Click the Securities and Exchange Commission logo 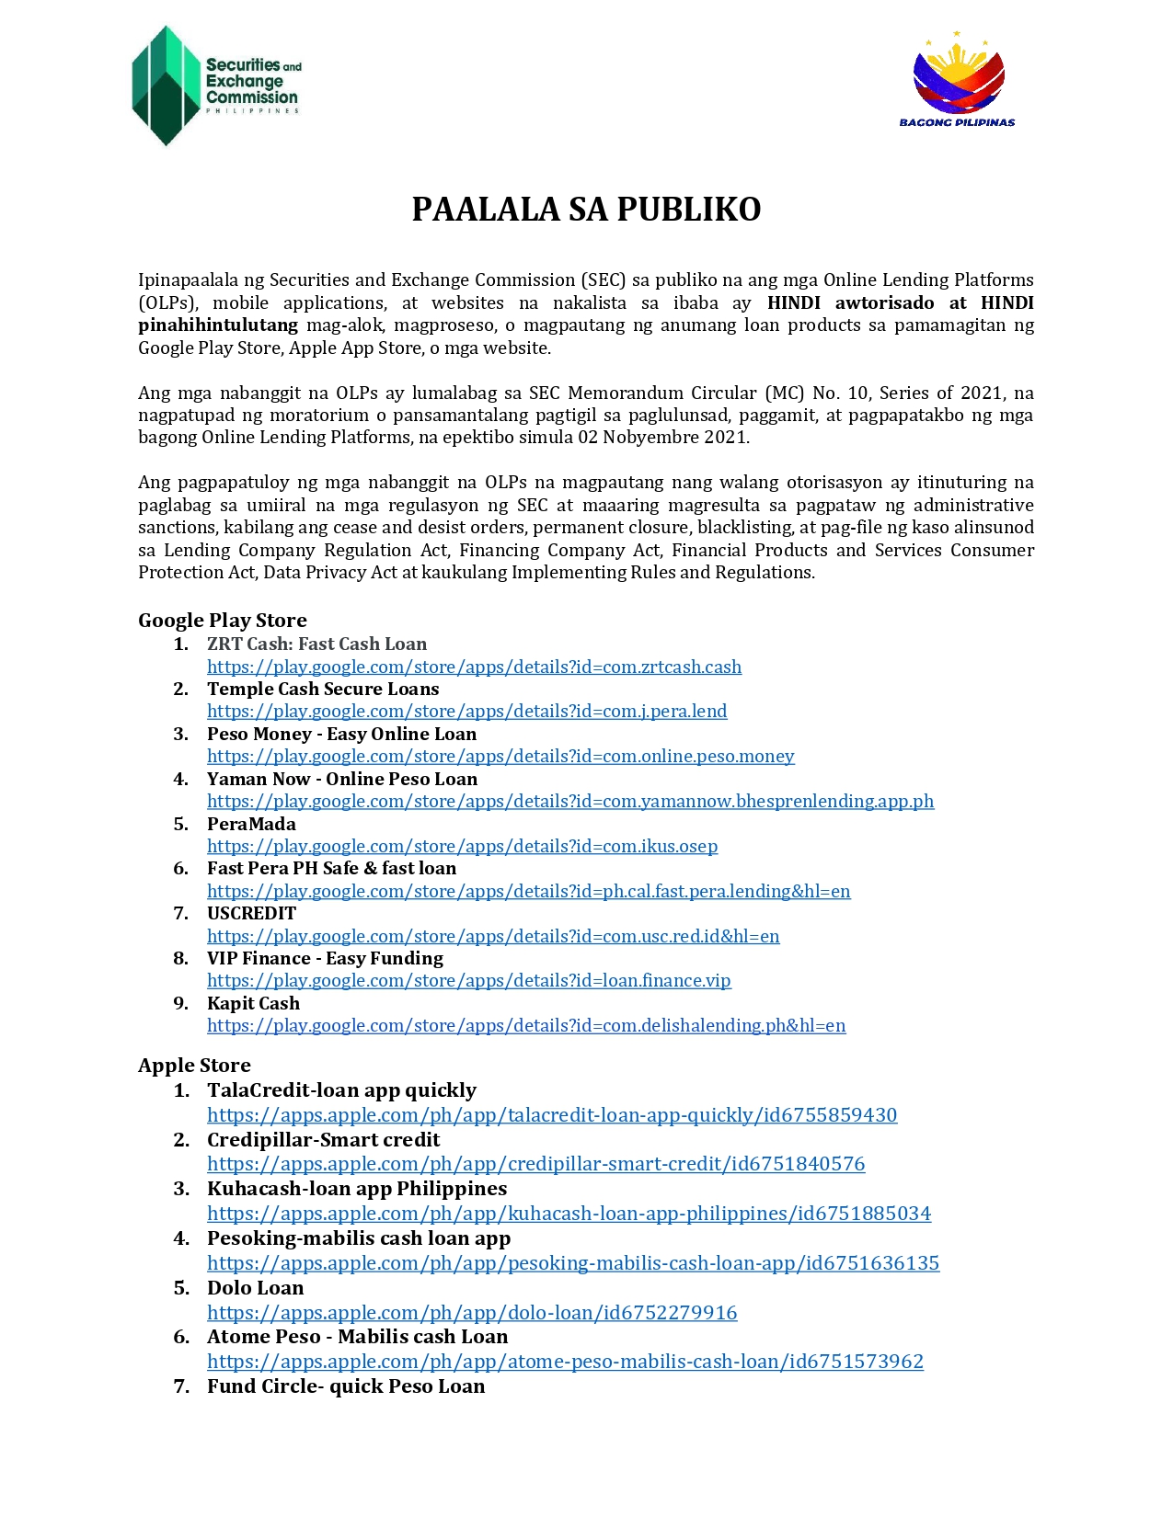click(216, 86)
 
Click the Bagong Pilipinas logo click(958, 80)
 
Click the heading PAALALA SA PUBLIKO click(586, 210)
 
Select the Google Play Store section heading click(222, 621)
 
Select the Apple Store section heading click(194, 1066)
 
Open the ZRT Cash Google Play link click(474, 667)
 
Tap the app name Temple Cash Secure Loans click(323, 689)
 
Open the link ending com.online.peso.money click(500, 756)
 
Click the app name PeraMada click(251, 824)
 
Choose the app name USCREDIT click(251, 913)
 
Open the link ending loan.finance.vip click(468, 980)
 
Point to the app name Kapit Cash click(253, 1003)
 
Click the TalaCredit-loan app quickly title click(341, 1090)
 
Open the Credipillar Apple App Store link click(535, 1164)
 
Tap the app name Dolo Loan click(255, 1288)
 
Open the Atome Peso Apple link click(565, 1362)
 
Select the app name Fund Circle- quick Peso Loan click(345, 1386)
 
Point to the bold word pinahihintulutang click(218, 325)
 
